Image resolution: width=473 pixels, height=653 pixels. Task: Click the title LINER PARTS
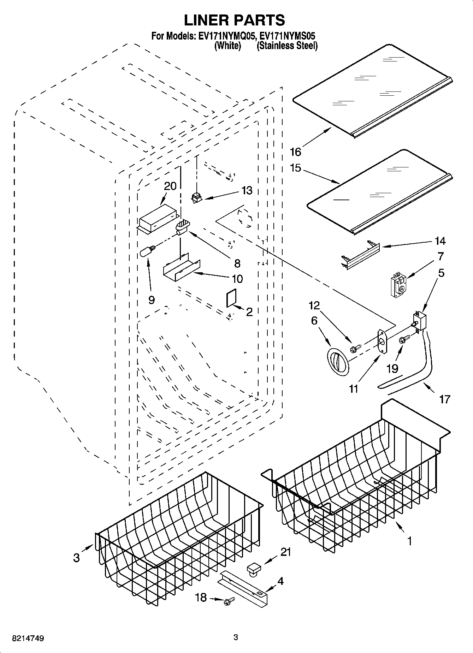pyautogui.click(x=235, y=20)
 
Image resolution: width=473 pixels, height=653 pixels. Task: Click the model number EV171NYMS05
pyautogui.click(x=287, y=36)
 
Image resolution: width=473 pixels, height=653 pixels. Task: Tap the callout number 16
pyautogui.click(x=295, y=152)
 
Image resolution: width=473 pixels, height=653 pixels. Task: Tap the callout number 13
pyautogui.click(x=247, y=191)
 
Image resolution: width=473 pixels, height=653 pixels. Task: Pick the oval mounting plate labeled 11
pyautogui.click(x=381, y=341)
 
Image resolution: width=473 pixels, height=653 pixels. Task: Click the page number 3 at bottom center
pyautogui.click(x=236, y=637)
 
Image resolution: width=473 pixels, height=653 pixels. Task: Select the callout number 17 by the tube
pyautogui.click(x=444, y=399)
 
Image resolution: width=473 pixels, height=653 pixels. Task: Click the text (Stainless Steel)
pyautogui.click(x=287, y=46)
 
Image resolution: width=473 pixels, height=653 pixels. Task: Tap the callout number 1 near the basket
pyautogui.click(x=409, y=541)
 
